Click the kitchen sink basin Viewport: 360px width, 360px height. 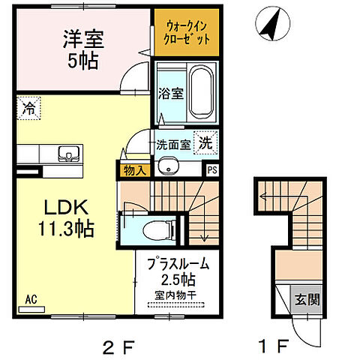tap(68, 156)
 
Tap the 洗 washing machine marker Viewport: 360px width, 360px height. tap(203, 141)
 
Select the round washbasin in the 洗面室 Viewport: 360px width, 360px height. tap(166, 166)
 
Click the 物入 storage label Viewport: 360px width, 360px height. tap(135, 171)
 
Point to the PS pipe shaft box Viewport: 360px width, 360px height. tap(211, 170)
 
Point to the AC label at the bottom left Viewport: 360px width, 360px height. tap(31, 299)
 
